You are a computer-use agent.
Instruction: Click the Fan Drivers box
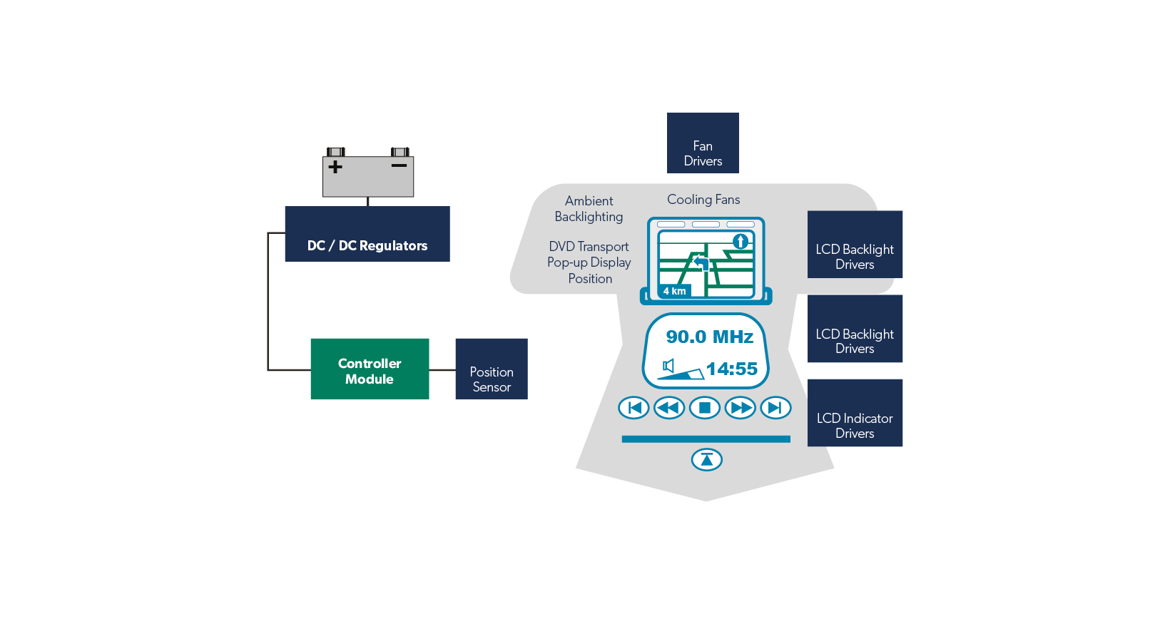point(703,143)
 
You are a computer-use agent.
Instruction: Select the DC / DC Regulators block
point(367,234)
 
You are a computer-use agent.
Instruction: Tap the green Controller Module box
point(370,369)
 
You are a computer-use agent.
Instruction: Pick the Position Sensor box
point(492,369)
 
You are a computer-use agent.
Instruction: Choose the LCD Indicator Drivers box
point(855,413)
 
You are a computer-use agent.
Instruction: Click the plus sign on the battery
point(335,167)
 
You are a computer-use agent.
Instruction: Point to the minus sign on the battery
point(399,165)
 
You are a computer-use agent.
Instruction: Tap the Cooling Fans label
point(703,200)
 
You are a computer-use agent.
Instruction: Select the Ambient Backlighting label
point(589,209)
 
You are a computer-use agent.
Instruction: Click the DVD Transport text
point(589,247)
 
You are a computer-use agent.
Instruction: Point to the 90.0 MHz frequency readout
point(709,337)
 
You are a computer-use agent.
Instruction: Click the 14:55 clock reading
point(731,369)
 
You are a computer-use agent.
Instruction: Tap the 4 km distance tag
point(674,291)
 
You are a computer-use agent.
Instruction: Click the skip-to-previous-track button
point(634,408)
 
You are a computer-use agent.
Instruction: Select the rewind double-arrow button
point(669,408)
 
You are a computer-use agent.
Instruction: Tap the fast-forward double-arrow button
point(741,408)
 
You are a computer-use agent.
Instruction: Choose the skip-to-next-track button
point(775,408)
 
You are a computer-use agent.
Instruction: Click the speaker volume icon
point(668,366)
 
